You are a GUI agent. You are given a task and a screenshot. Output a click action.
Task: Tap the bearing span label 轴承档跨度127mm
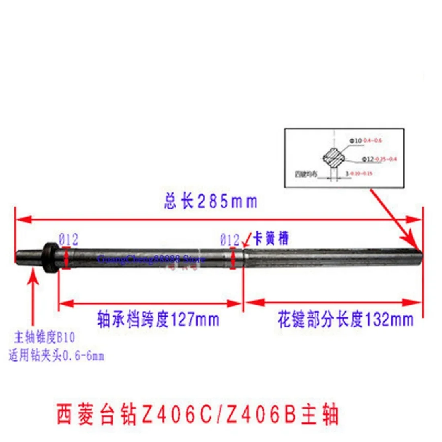(158, 320)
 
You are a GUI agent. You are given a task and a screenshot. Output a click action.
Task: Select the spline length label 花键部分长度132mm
(345, 320)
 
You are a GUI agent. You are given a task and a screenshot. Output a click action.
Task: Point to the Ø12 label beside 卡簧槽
(229, 240)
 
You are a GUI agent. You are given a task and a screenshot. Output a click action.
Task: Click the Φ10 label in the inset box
(356, 141)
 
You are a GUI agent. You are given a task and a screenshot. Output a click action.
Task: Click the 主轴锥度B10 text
(45, 337)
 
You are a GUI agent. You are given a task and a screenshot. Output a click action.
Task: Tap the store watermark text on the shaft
(151, 259)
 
